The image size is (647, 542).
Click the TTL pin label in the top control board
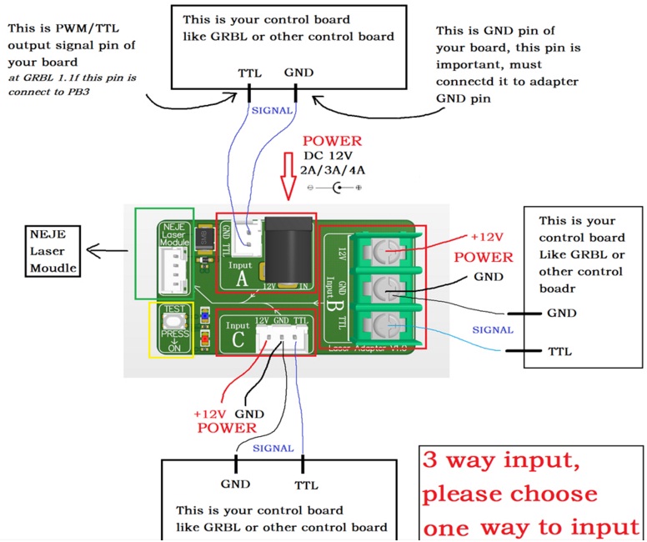(249, 73)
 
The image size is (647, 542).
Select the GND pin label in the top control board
(298, 73)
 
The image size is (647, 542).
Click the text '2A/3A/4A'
(334, 171)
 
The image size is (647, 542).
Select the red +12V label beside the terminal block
(488, 237)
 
